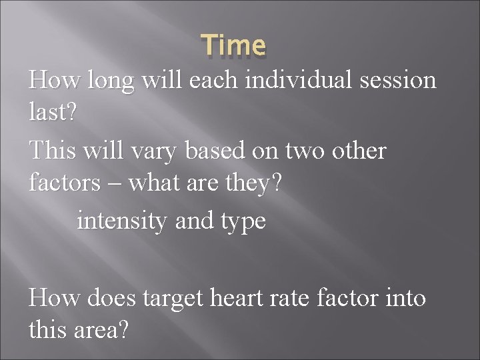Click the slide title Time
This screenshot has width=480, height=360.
235,46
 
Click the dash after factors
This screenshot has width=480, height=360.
118,182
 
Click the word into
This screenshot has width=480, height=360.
403,298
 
